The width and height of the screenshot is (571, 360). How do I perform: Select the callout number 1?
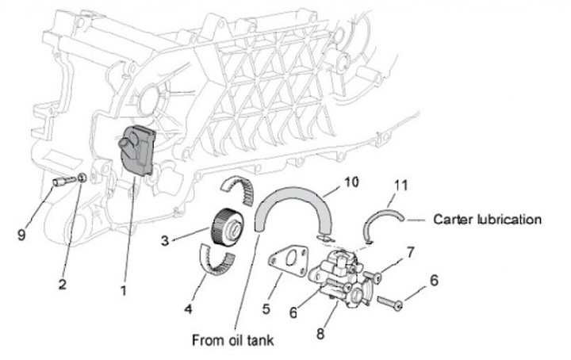(123, 290)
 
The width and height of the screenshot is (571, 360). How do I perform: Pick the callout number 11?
(401, 186)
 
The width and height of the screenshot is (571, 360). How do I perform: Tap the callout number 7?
(410, 252)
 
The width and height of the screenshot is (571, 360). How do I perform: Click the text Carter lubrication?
(487, 220)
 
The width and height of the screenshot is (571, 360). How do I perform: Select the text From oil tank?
(232, 340)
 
